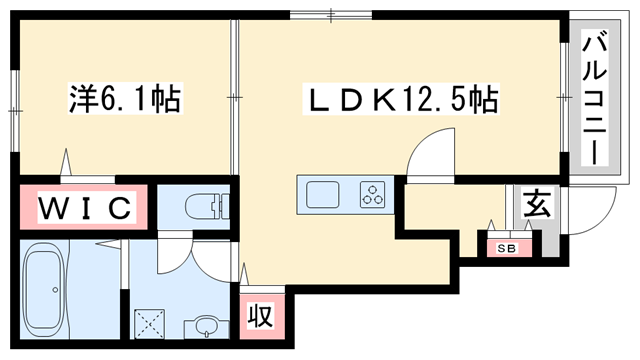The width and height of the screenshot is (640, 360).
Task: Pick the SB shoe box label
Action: point(497,246)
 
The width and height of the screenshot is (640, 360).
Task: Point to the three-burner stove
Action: point(374,194)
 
